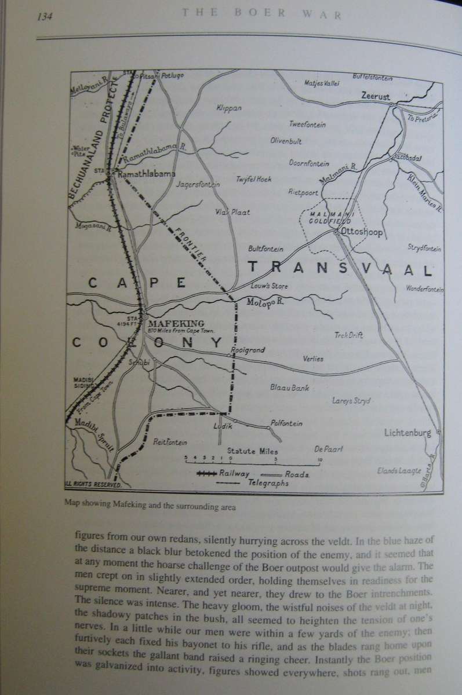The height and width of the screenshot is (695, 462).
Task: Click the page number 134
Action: (45, 16)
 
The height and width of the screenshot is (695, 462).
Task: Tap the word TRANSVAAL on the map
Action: (341, 270)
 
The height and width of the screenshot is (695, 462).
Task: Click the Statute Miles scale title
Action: (252, 451)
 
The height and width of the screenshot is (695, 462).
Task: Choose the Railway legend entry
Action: (234, 473)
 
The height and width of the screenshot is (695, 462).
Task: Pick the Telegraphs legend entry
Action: (268, 483)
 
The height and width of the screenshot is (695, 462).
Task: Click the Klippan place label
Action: (228, 108)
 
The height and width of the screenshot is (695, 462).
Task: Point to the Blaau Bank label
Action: (289, 387)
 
